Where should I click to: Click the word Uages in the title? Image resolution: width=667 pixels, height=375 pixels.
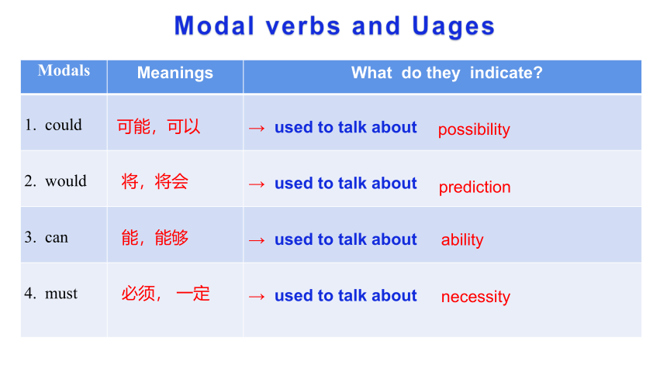pos(453,26)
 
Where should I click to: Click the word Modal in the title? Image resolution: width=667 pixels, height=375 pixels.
pos(214,26)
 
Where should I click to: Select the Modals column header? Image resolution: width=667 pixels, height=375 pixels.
pos(64,71)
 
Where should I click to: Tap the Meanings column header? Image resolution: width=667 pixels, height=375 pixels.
pos(175,73)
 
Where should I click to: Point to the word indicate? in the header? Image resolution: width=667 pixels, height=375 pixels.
pos(506,73)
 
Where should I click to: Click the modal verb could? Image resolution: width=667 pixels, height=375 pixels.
pos(64,125)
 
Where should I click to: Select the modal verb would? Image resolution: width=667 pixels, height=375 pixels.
pos(66,181)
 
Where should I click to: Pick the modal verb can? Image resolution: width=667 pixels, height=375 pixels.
pos(57,237)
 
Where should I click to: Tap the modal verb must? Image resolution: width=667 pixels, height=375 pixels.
pos(61,294)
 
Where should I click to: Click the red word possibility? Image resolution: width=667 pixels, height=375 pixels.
pos(474,129)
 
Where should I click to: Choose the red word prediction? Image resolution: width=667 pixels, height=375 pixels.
pos(475,187)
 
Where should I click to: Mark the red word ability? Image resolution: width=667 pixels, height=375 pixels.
pos(462,239)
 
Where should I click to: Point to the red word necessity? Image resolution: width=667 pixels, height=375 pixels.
pos(475,297)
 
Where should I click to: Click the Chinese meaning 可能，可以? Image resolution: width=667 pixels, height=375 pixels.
pos(159,127)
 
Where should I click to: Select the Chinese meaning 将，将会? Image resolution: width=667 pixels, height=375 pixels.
pos(155,181)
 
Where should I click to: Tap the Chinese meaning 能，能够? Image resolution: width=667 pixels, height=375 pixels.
pos(155,238)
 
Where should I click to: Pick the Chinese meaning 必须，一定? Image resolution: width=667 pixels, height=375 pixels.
pos(165,294)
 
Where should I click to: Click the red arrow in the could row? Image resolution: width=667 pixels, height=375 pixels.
pos(257,128)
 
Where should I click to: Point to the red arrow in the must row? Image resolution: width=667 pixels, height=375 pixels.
pos(257,296)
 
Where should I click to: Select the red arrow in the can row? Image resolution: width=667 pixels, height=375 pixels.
pos(257,240)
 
